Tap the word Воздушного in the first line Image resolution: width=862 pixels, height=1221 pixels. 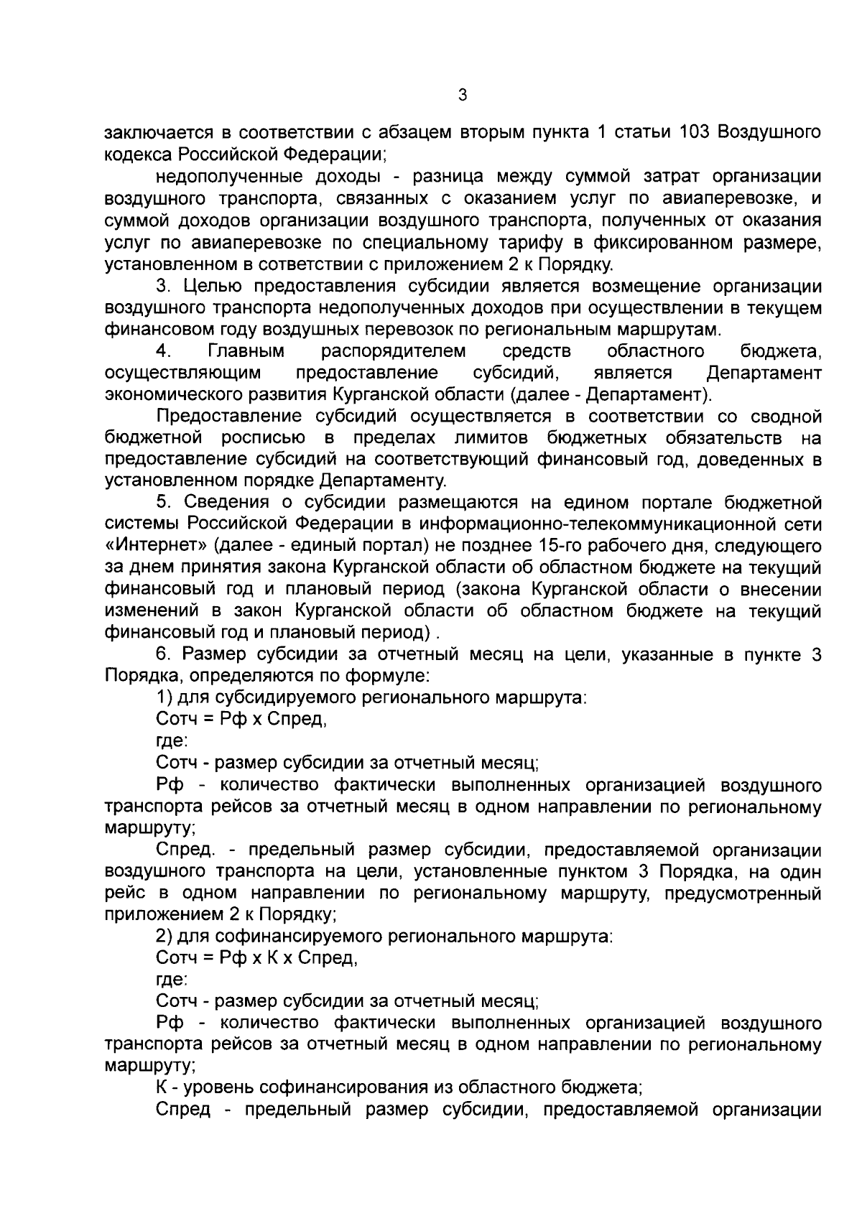770,133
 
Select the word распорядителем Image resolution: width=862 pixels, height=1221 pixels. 393,351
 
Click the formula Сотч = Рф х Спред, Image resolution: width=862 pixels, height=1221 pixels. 242,719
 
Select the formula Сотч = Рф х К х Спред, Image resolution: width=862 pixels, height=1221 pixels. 256,957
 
